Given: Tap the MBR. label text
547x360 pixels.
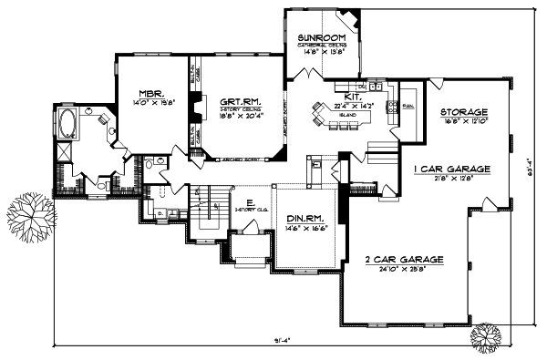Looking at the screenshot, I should [150, 93].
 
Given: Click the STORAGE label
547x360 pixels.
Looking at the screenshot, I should [465, 112].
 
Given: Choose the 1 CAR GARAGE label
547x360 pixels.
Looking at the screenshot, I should [453, 170].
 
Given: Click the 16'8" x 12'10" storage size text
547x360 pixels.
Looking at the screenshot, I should [465, 121].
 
